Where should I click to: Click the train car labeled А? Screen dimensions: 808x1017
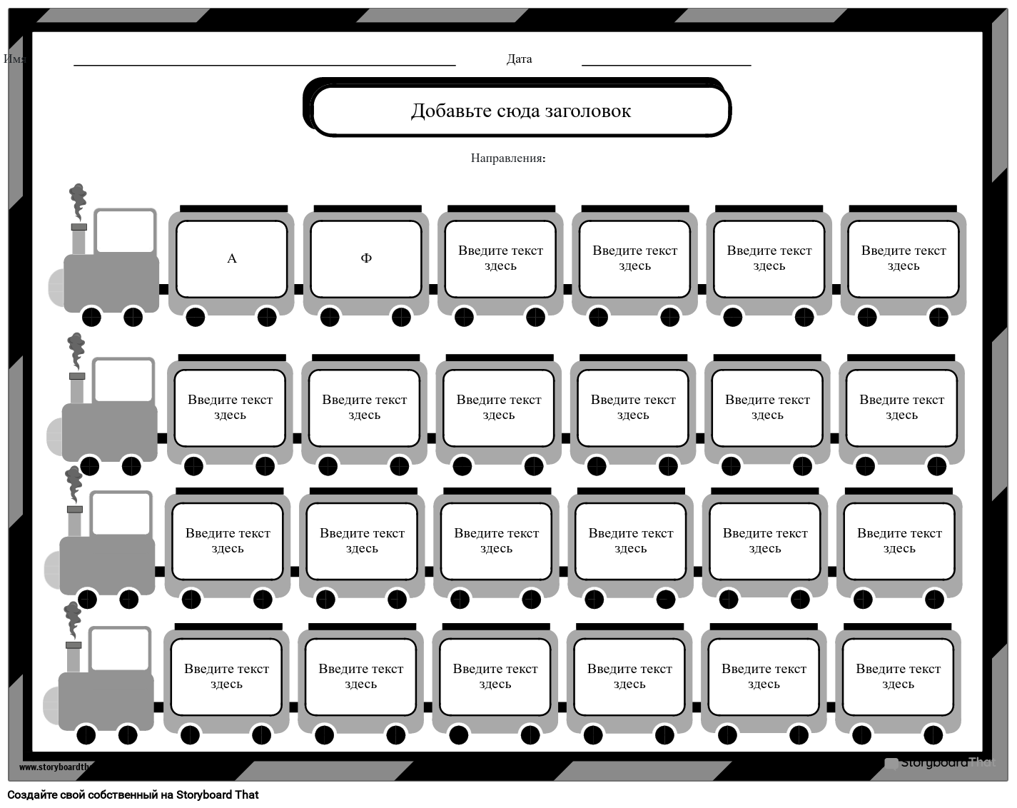coord(231,258)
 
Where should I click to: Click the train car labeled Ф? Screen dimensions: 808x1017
coord(366,258)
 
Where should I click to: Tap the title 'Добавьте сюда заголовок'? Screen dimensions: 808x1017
coord(521,111)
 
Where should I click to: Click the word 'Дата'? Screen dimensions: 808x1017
coord(519,59)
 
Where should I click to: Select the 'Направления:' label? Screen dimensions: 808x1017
coord(508,158)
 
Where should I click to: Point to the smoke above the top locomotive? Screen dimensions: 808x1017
coord(78,200)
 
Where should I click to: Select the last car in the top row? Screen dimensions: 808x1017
coord(904,258)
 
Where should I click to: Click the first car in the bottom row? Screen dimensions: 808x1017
coord(227,676)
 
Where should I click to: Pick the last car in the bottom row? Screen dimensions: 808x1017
coord(898,676)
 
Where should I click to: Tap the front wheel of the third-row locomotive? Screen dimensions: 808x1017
coord(87,599)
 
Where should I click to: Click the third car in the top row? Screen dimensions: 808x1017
coord(500,258)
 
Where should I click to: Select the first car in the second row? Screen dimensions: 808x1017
coord(230,407)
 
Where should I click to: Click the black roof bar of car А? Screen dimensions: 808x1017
coord(233,209)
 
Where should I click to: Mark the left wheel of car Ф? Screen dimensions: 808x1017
coord(330,316)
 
